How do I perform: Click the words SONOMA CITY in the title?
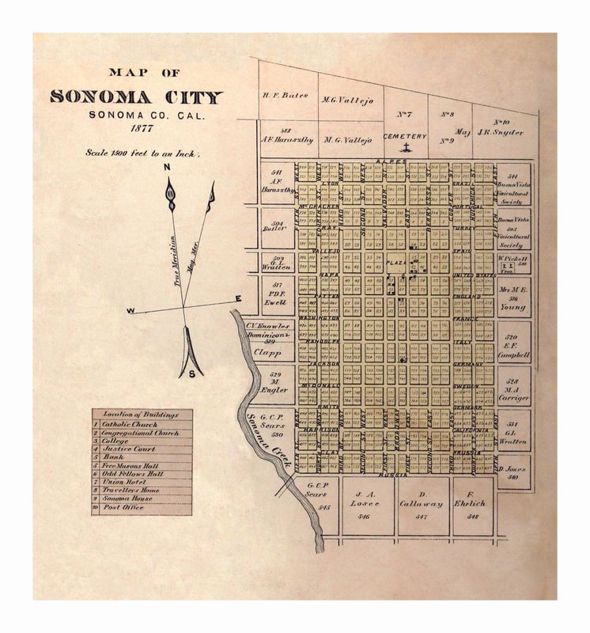136,97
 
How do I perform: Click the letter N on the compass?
168,168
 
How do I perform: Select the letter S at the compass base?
191,373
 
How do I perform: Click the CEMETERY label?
405,136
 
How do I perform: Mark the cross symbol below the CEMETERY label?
406,148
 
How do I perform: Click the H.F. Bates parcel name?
283,94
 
